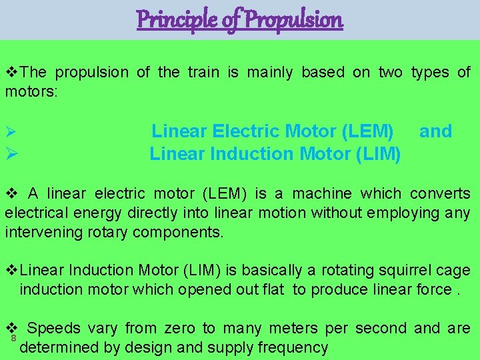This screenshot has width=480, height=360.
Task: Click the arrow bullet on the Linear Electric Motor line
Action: pos(9,132)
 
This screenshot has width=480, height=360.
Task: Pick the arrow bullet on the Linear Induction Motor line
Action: pos(9,155)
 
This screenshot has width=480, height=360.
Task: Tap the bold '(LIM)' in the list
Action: pos(378,154)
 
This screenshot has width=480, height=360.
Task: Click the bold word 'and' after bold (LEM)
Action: pos(435,131)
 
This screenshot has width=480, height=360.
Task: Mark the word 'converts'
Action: pos(440,194)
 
